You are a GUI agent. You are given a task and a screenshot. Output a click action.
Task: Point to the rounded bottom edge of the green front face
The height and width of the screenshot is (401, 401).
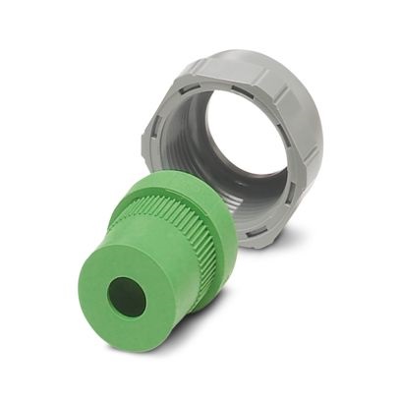pos(118,344)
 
